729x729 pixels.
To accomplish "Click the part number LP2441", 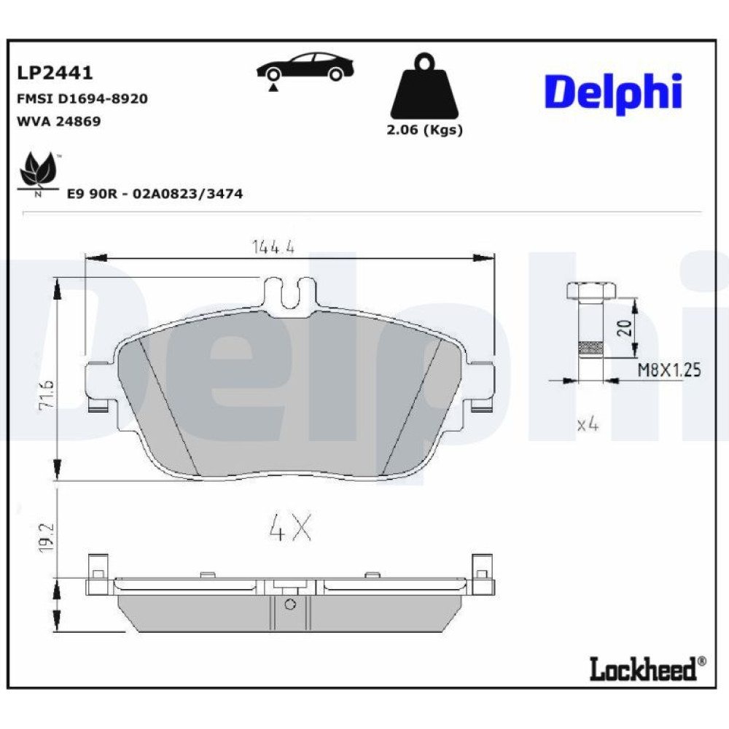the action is pyautogui.click(x=55, y=72).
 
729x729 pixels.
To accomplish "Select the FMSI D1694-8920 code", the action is pyautogui.click(x=82, y=98).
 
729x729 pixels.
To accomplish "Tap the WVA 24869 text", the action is pyautogui.click(x=58, y=121).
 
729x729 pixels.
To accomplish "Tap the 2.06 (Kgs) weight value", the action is pyautogui.click(x=424, y=130).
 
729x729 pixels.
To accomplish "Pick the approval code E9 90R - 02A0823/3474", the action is pyautogui.click(x=155, y=193).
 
